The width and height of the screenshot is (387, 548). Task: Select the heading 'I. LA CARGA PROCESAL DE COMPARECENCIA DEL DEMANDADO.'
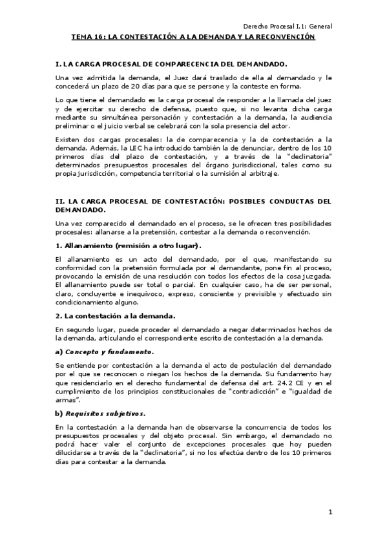click(x=171, y=65)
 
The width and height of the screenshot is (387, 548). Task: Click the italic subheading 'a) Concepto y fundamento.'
click(x=105, y=352)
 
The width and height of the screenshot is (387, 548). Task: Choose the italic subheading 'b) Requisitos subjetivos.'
click(x=101, y=413)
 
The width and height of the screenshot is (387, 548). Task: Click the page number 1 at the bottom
click(x=329, y=512)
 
